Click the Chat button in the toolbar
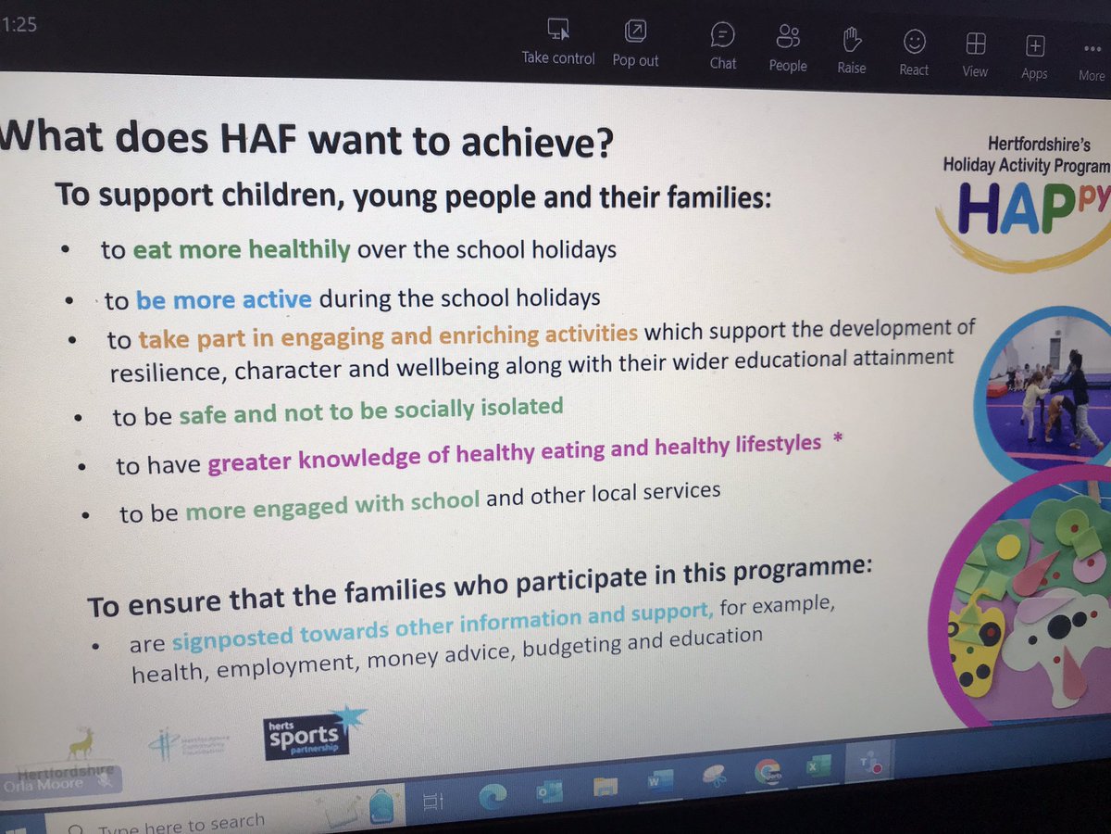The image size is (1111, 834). pyautogui.click(x=723, y=46)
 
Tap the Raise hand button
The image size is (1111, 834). pyautogui.click(x=852, y=48)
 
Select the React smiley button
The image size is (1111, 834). pyautogui.click(x=914, y=50)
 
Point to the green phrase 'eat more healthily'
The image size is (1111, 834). pyautogui.click(x=242, y=250)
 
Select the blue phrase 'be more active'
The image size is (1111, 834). pyautogui.click(x=223, y=300)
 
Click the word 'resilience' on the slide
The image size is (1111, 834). pyautogui.click(x=167, y=373)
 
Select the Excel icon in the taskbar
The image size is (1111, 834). pyautogui.click(x=818, y=767)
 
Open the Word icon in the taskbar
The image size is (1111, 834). pyautogui.click(x=659, y=782)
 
